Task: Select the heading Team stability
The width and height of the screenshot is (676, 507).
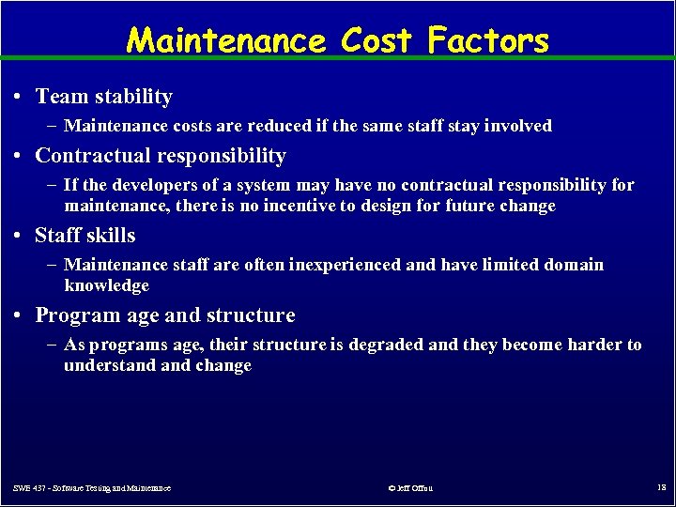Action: click(103, 97)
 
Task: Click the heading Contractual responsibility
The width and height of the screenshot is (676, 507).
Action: click(161, 156)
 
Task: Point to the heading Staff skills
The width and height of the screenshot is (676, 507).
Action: click(85, 236)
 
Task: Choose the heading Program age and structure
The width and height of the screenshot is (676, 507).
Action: click(164, 315)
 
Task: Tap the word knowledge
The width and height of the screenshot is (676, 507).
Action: click(106, 285)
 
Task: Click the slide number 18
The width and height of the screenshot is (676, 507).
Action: click(661, 487)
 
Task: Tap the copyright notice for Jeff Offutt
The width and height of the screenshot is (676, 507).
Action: click(410, 488)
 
